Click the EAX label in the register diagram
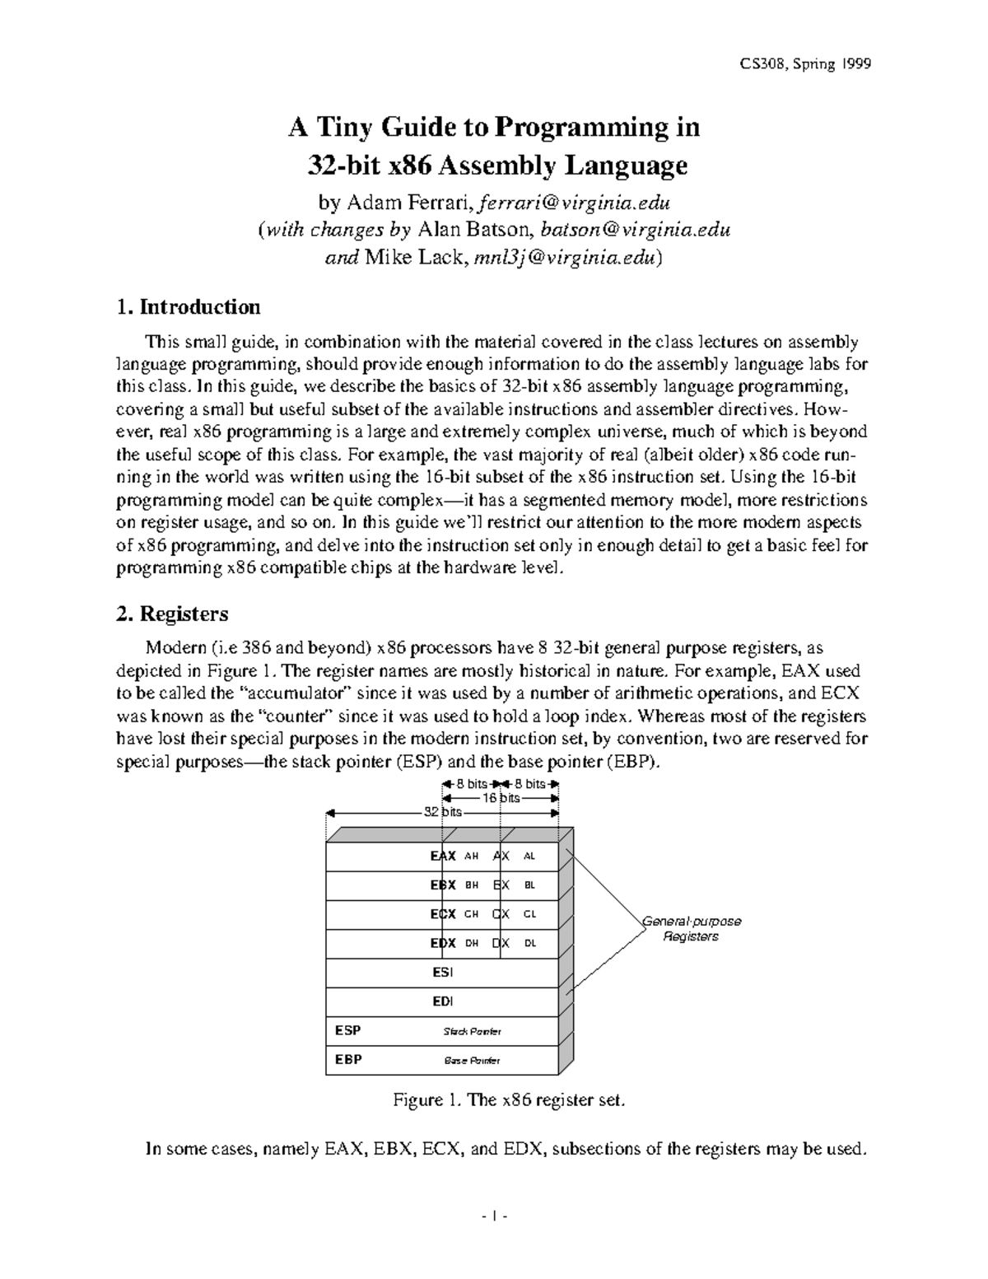443,856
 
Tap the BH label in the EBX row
472,885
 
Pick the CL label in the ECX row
529,914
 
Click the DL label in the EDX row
529,943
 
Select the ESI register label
442,973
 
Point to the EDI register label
442,1001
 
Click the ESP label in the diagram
347,1030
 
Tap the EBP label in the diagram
347,1060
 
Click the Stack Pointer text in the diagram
472,1031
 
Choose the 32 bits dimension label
442,811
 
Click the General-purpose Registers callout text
692,929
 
